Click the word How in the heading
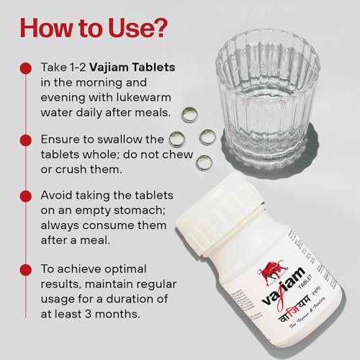pos(46,28)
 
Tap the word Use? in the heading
pos(138,28)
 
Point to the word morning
pos(99,83)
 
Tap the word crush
pos(69,169)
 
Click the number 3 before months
pos(88,314)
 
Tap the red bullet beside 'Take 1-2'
pos(26,68)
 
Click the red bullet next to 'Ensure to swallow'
pos(26,140)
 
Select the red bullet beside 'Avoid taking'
pos(26,197)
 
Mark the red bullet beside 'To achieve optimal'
pos(26,270)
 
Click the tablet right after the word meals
pos(189,114)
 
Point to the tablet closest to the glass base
pos(207,138)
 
